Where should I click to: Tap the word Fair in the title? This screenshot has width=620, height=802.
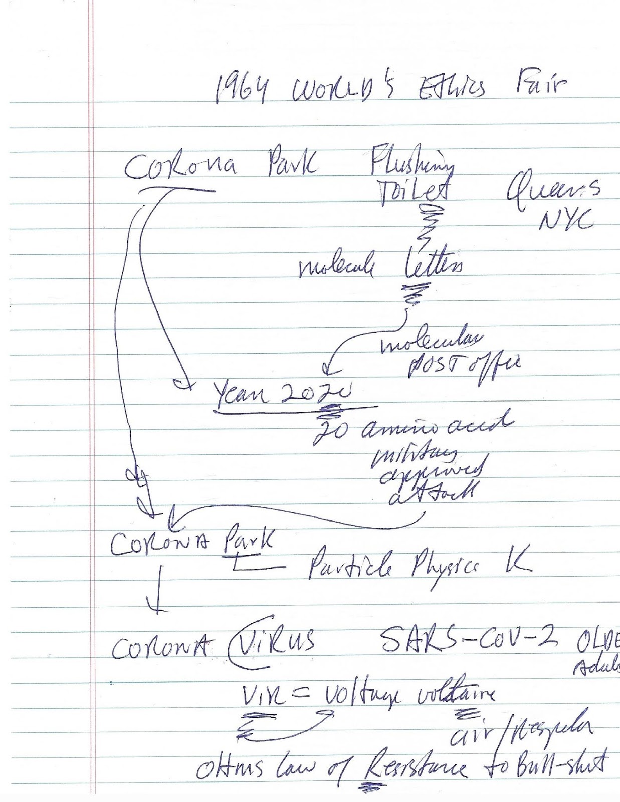(x=540, y=87)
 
